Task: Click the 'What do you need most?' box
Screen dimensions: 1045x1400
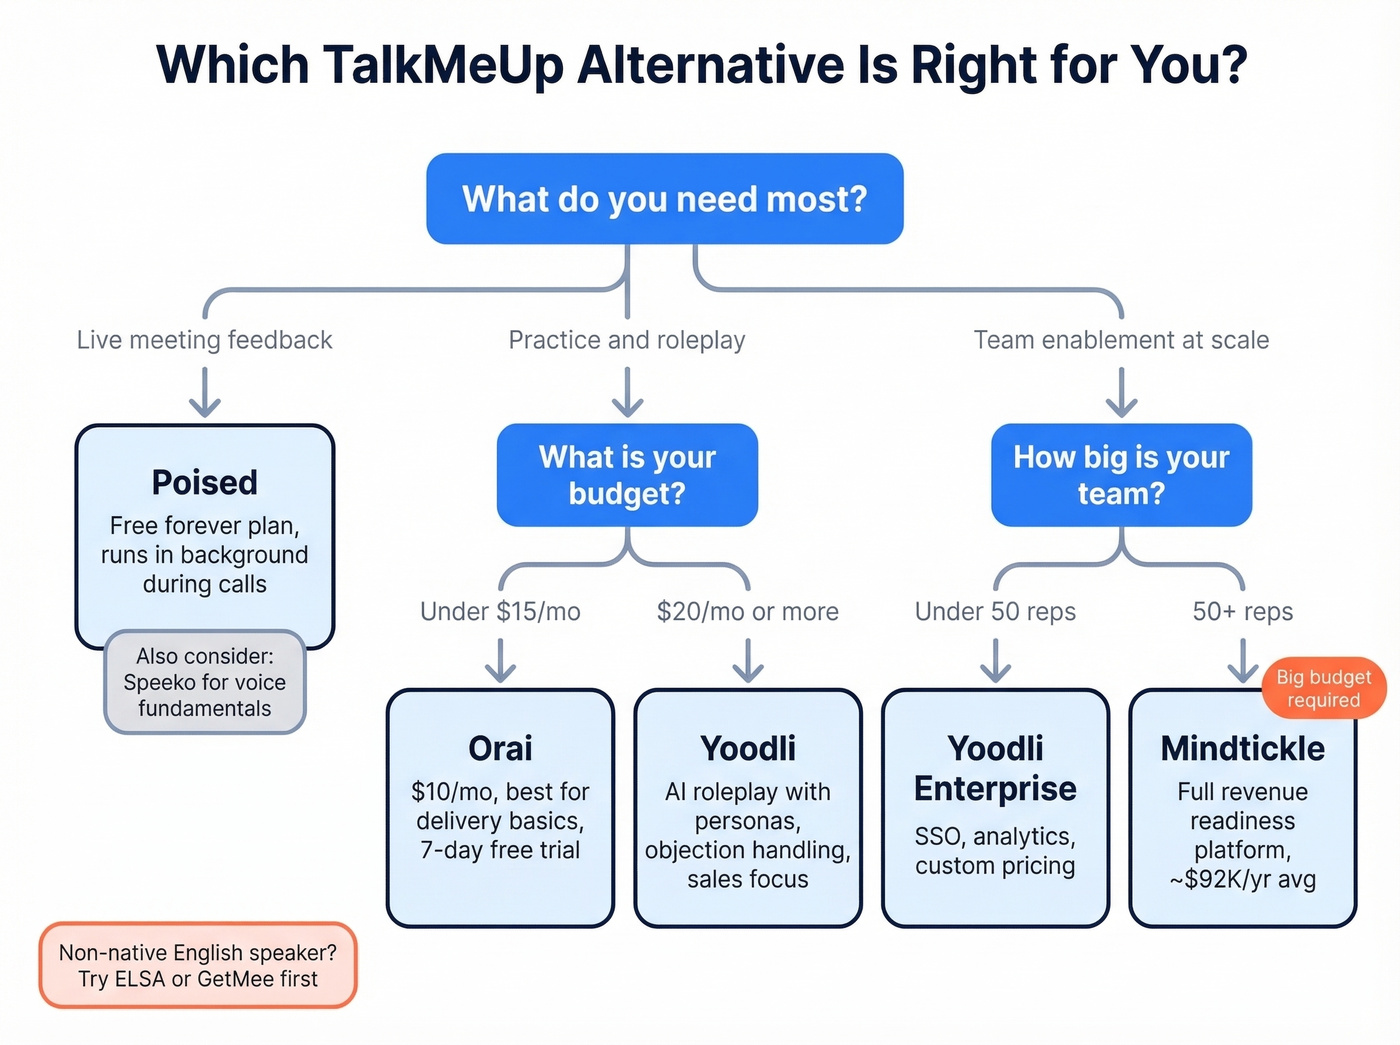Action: (665, 199)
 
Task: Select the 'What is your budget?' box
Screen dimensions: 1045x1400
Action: (627, 475)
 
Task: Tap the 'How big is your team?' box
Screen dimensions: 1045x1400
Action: (1121, 475)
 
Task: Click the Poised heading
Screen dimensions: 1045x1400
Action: (205, 482)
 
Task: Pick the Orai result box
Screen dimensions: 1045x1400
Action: (500, 808)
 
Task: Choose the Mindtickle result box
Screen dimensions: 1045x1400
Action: (1242, 808)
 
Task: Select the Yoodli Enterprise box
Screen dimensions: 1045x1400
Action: (995, 808)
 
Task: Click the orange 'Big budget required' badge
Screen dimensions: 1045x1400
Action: (1323, 688)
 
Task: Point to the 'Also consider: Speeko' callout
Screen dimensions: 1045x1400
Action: (205, 682)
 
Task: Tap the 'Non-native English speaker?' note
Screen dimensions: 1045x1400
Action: (198, 965)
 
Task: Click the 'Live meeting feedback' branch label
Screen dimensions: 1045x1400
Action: (205, 340)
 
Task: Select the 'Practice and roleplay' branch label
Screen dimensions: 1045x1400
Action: (627, 340)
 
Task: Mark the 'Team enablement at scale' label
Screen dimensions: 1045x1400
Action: (1121, 340)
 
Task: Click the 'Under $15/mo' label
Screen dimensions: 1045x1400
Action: (500, 611)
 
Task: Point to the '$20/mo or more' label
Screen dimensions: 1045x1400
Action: (748, 611)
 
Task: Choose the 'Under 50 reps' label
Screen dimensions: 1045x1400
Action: (995, 611)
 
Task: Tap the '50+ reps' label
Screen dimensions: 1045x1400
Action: (1242, 611)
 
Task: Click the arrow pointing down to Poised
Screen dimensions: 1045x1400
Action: (205, 392)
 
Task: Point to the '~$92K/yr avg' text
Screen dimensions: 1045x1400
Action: (1242, 880)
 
